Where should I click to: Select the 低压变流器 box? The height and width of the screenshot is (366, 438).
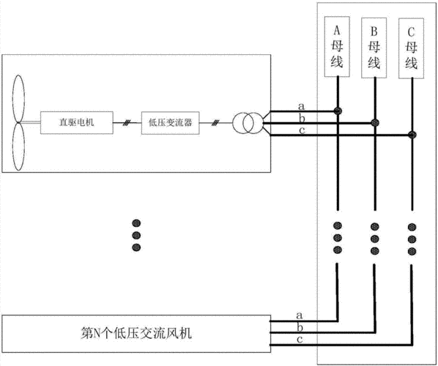pyautogui.click(x=171, y=123)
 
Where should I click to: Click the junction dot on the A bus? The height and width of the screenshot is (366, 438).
pyautogui.click(x=338, y=111)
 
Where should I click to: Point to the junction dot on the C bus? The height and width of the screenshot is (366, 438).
pyautogui.click(x=412, y=135)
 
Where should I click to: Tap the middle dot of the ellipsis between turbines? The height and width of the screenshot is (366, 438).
pyautogui.click(x=136, y=236)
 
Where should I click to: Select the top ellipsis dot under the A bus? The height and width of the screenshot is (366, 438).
pyautogui.click(x=338, y=225)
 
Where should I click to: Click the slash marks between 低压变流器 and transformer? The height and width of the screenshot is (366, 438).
pyautogui.click(x=215, y=123)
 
